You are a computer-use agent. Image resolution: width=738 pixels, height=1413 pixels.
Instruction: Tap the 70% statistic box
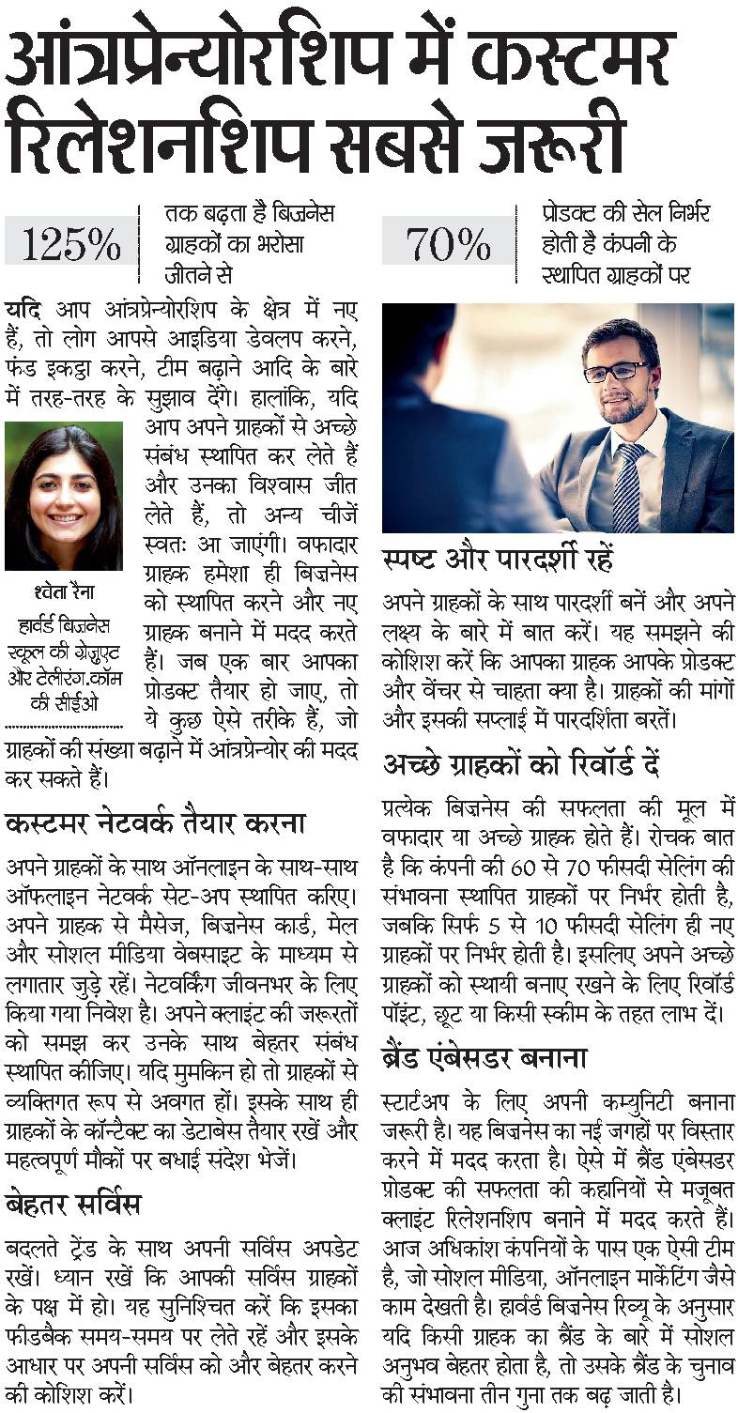(x=448, y=243)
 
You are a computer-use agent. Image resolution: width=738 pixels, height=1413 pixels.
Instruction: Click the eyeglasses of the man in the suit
(x=616, y=371)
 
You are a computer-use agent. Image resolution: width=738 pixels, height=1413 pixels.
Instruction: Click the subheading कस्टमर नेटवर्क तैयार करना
(x=156, y=824)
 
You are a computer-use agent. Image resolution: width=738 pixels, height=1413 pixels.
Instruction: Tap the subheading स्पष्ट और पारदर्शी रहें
(x=498, y=561)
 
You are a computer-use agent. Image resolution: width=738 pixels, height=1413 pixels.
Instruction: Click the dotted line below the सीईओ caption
(x=63, y=725)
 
